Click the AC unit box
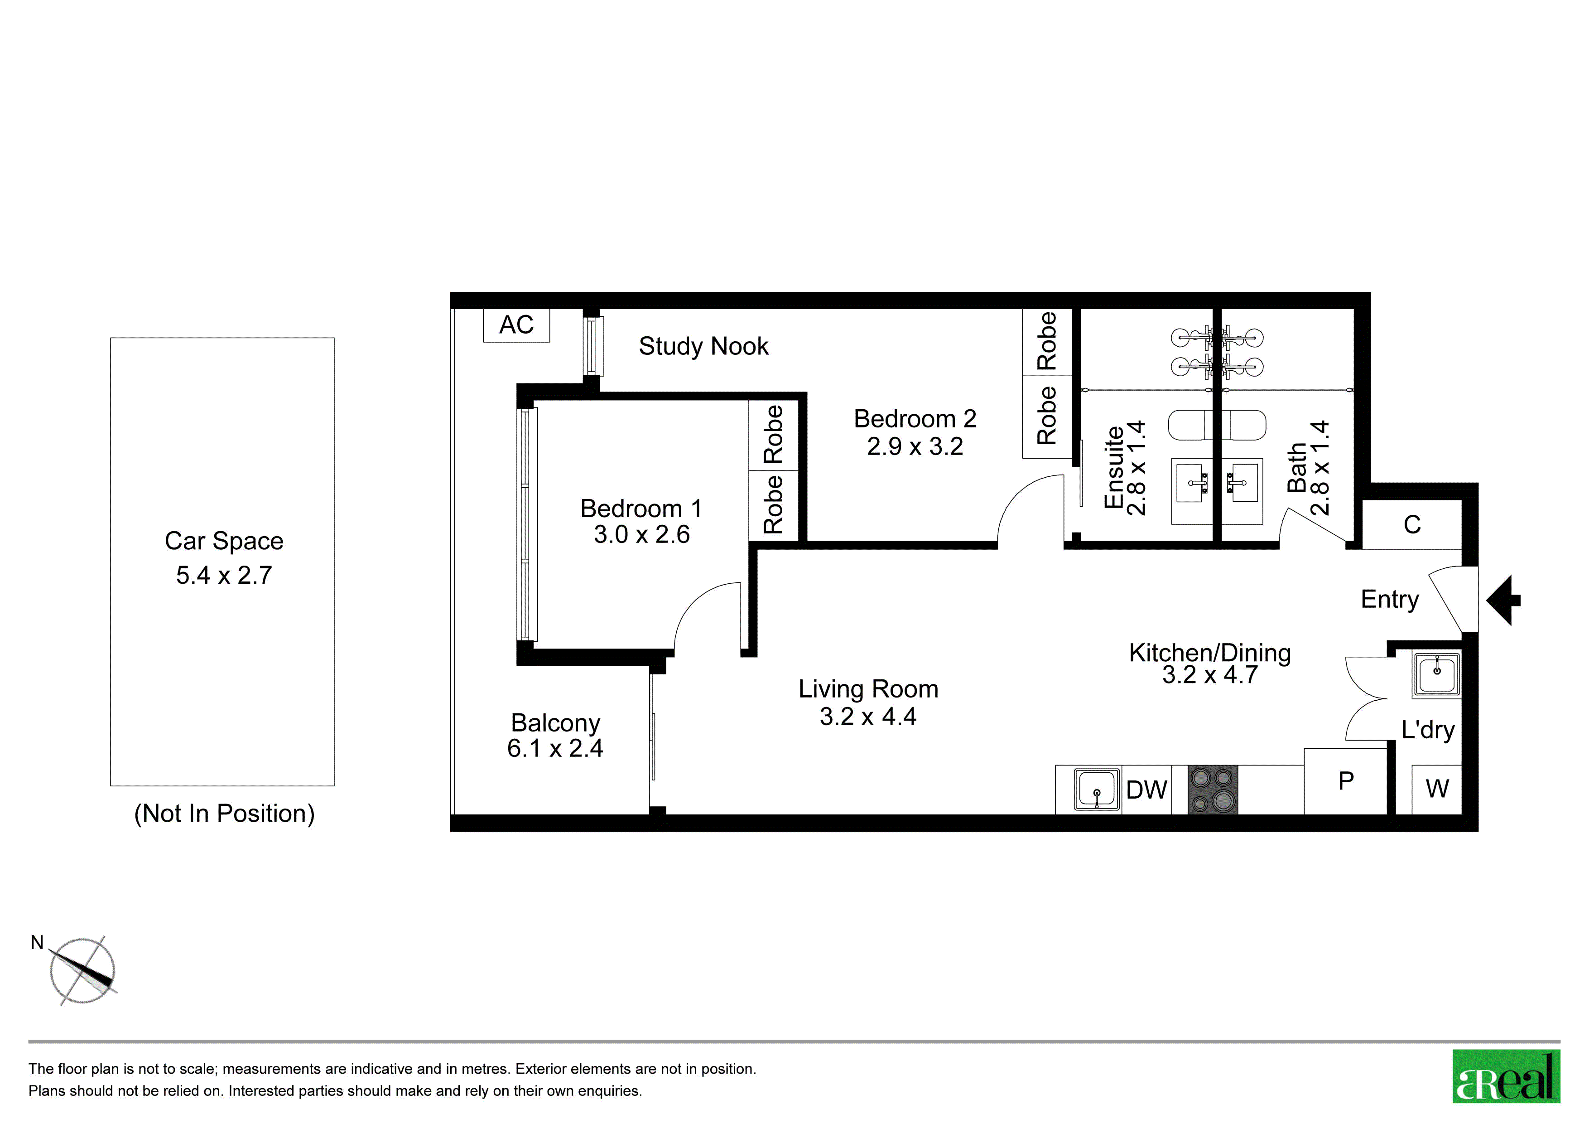coord(516,325)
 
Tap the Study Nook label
coord(703,346)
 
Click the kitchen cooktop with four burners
coord(1213,790)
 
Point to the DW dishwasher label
coord(1146,790)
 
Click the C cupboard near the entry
coord(1412,524)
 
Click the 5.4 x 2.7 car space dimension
coord(224,576)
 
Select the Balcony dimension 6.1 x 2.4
coord(555,749)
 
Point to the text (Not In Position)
coord(224,813)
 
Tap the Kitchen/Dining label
coord(1210,653)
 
